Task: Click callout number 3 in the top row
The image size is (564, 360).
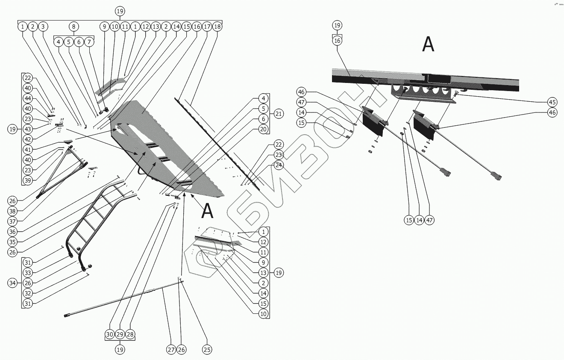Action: pyautogui.click(x=43, y=27)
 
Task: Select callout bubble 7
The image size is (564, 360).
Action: pyautogui.click(x=89, y=42)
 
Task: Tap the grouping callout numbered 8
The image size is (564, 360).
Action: pyautogui.click(x=73, y=27)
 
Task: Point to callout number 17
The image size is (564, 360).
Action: pyautogui.click(x=207, y=27)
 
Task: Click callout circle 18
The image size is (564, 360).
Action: pyautogui.click(x=217, y=27)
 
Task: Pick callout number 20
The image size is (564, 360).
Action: pyautogui.click(x=263, y=129)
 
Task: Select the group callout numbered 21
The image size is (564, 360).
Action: pyautogui.click(x=279, y=114)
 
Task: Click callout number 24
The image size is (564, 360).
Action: pyautogui.click(x=279, y=165)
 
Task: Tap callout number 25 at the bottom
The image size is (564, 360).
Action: pyautogui.click(x=207, y=350)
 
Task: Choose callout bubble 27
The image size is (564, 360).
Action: pyautogui.click(x=171, y=350)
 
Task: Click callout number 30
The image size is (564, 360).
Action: pyautogui.click(x=110, y=334)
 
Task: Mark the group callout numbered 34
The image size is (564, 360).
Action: pyautogui.click(x=12, y=283)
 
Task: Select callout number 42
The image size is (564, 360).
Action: pyautogui.click(x=28, y=139)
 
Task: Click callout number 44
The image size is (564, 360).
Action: pyautogui.click(x=28, y=98)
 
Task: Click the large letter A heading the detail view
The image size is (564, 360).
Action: pyautogui.click(x=428, y=44)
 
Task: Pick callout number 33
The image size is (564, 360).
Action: pyautogui.click(x=28, y=272)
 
